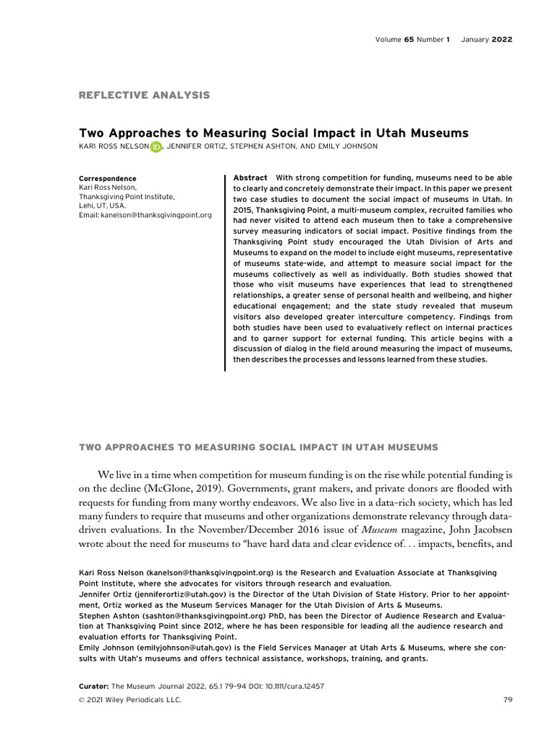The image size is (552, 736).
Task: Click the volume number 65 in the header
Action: pyautogui.click(x=412, y=40)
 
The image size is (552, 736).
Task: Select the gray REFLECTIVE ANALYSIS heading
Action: pyautogui.click(x=144, y=95)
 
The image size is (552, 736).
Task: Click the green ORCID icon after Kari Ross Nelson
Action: pyautogui.click(x=156, y=147)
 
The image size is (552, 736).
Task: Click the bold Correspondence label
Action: pyautogui.click(x=107, y=178)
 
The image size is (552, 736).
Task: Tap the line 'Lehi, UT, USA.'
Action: pyautogui.click(x=103, y=206)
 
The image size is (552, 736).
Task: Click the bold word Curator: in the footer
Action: pyautogui.click(x=93, y=686)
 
